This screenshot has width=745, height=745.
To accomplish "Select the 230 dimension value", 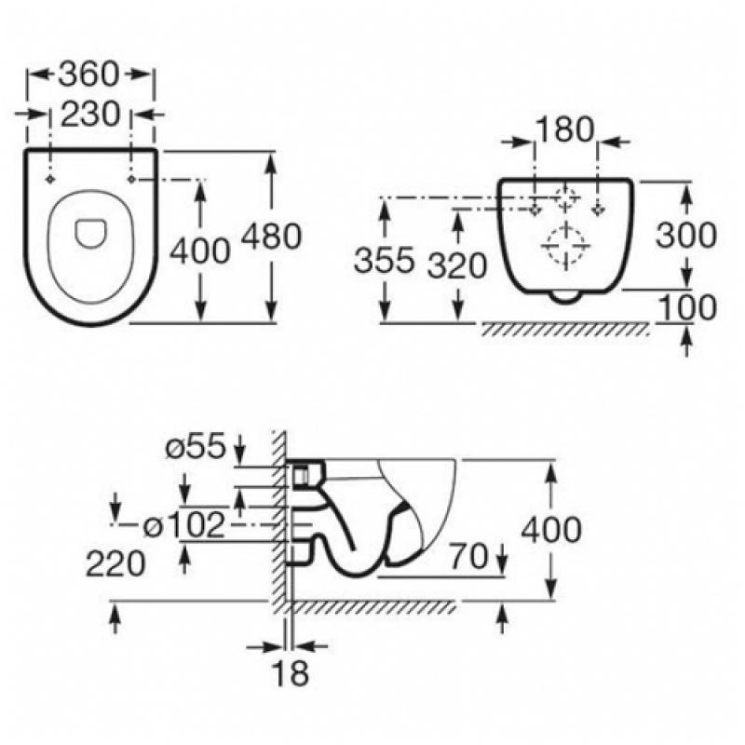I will point(90,114).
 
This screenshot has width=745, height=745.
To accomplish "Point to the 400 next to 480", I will point(201,249).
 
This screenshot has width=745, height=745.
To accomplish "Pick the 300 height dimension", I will point(686,236).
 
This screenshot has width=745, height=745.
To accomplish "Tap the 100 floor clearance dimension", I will point(687,306).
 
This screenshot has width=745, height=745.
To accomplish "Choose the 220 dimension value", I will point(116,562).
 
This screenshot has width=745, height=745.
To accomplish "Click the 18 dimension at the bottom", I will point(291,672).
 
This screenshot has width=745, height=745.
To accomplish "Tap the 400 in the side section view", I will point(551,530).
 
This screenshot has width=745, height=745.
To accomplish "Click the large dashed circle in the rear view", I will point(565,247).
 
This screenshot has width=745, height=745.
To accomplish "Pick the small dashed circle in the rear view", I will point(566,197).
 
